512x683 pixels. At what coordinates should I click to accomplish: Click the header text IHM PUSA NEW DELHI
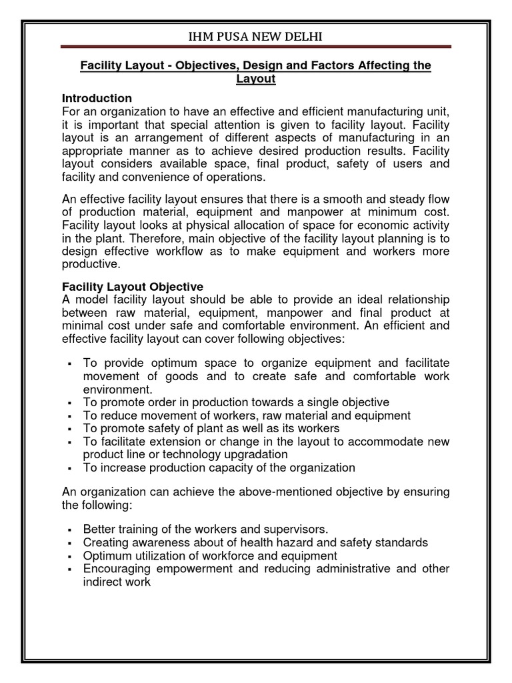click(256, 35)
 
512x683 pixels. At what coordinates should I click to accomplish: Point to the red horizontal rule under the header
click(256, 47)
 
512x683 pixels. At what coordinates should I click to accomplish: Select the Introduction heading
click(97, 98)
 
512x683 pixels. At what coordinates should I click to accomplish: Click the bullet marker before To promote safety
click(69, 429)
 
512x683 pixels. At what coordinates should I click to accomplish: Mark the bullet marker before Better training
click(69, 530)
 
